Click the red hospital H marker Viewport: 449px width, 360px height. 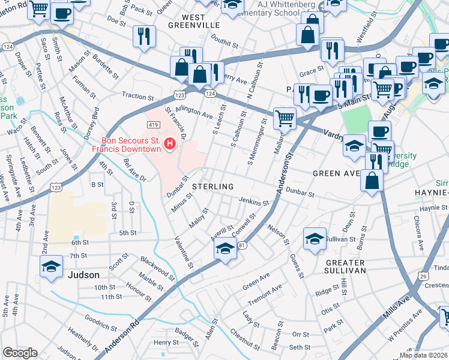pos(170,143)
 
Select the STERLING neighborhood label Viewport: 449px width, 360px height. pos(212,187)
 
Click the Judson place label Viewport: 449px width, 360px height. pos(84,275)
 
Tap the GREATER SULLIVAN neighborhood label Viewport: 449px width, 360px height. pos(345,266)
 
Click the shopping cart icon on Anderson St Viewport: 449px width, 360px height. pos(285,118)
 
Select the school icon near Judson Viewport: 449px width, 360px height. pos(52,266)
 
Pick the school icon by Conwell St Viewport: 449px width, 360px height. pos(224,249)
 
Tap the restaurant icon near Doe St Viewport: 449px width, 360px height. pos(144,36)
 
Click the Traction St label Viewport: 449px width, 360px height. pos(138,96)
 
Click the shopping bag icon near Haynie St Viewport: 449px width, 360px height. pos(372,179)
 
